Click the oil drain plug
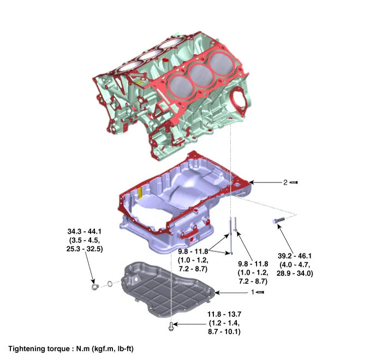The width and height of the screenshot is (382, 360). [x=94, y=285]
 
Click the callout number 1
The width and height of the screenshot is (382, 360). [x=253, y=293]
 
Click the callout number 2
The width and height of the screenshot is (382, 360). [x=285, y=182]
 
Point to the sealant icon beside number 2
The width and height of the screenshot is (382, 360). [x=294, y=182]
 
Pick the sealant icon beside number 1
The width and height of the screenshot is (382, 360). [x=261, y=293]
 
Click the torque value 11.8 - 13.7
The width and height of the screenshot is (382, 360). [x=224, y=315]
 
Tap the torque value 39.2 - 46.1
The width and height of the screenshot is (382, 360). [x=295, y=256]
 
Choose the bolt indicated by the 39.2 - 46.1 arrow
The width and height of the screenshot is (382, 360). [x=277, y=221]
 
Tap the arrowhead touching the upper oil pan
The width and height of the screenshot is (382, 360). [x=250, y=182]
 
